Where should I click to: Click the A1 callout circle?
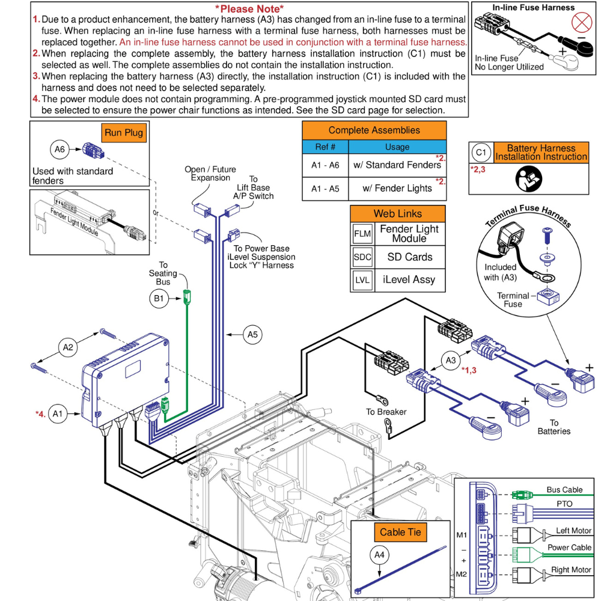tap(58, 413)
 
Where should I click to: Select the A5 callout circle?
tap(253, 335)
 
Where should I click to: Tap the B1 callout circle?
tap(157, 296)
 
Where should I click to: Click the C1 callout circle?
tap(482, 152)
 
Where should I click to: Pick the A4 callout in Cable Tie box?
tap(379, 555)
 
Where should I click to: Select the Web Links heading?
tap(397, 213)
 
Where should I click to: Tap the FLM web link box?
tap(362, 234)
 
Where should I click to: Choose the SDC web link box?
tap(362, 257)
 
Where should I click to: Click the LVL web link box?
tap(362, 279)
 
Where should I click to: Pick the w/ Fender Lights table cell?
tap(397, 188)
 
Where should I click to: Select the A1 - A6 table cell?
tap(325, 165)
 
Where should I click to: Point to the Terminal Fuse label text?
tap(513, 299)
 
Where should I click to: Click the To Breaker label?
tap(386, 412)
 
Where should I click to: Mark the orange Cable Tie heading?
tap(401, 532)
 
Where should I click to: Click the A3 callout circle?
tap(451, 360)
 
